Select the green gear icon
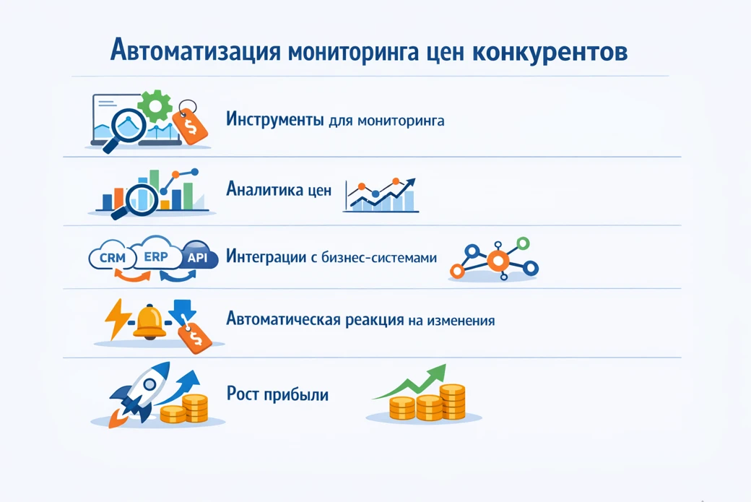click(x=155, y=106)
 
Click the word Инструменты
click(x=274, y=119)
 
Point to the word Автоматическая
click(x=283, y=319)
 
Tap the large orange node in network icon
click(x=498, y=260)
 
